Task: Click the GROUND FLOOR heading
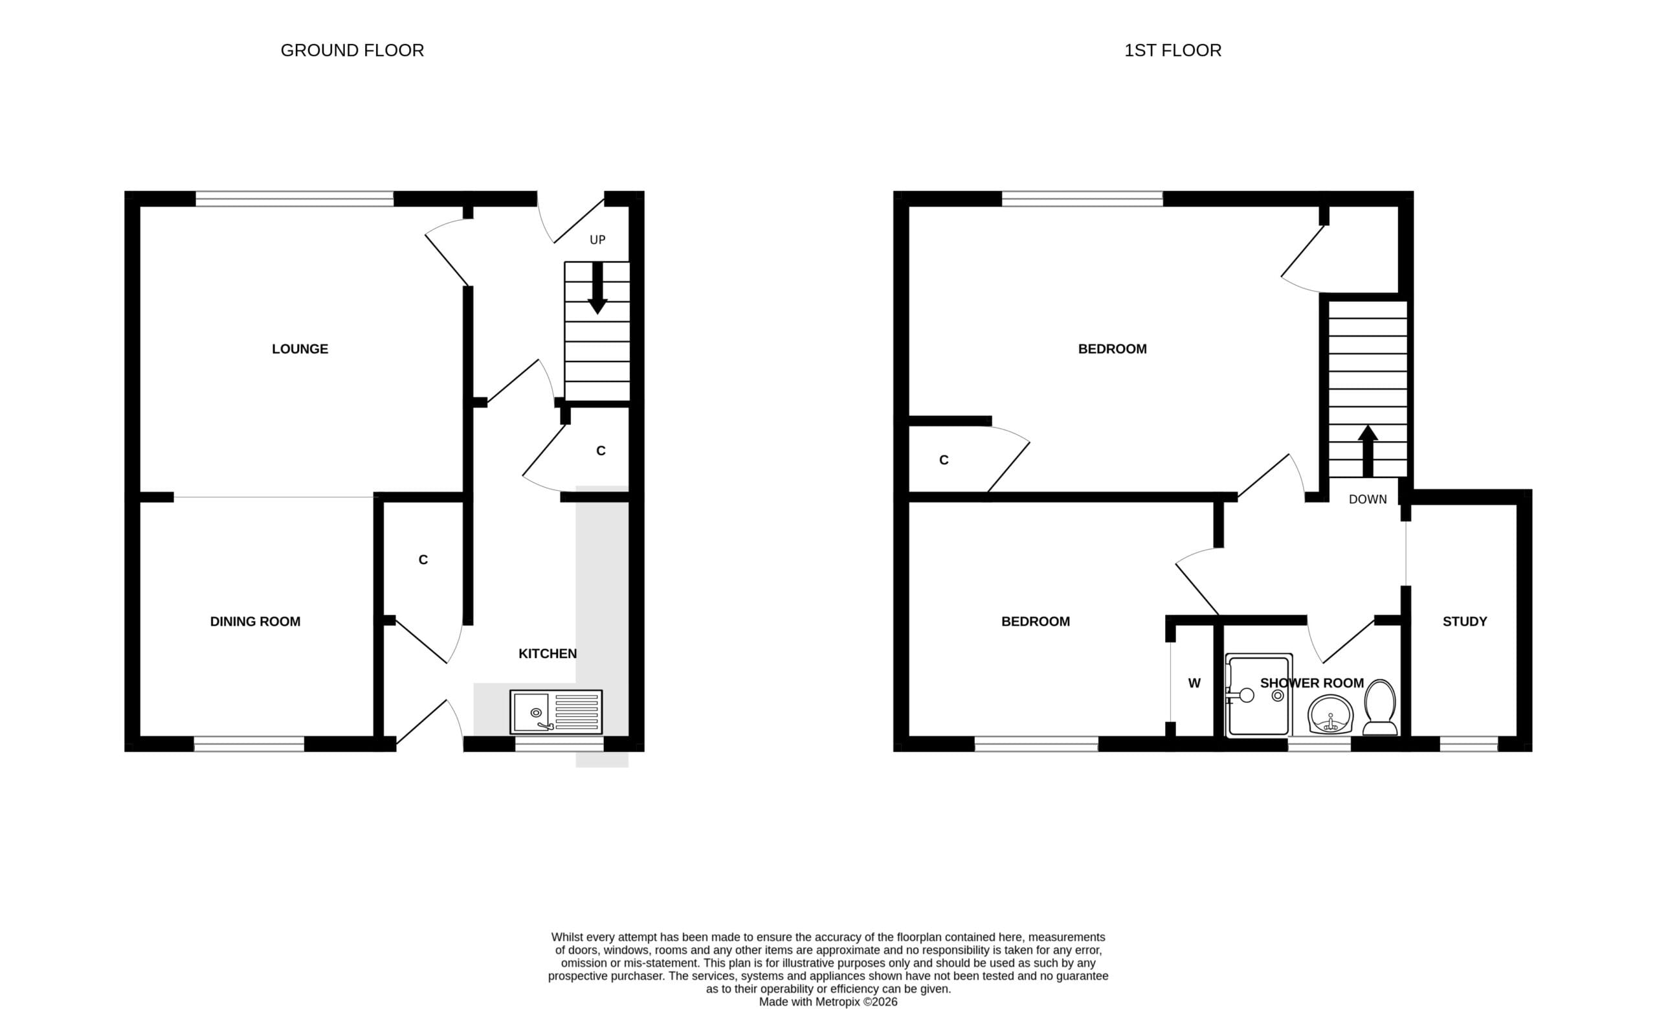tap(351, 51)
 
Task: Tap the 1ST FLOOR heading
tap(1173, 51)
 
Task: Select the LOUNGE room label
tap(300, 348)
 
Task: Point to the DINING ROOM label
tap(255, 622)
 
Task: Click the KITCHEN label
tap(548, 653)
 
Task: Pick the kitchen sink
tap(556, 712)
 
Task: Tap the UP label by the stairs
tap(597, 240)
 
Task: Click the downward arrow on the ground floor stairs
tap(597, 288)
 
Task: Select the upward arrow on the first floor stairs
tap(1368, 451)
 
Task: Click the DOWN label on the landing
tap(1368, 499)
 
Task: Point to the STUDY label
tap(1465, 622)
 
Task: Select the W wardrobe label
tap(1194, 683)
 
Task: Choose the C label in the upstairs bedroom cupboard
tap(944, 460)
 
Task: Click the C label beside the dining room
tap(423, 560)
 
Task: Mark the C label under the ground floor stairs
tap(601, 451)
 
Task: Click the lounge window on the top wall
tap(295, 198)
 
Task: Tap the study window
tap(1469, 743)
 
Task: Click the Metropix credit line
tap(828, 1002)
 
